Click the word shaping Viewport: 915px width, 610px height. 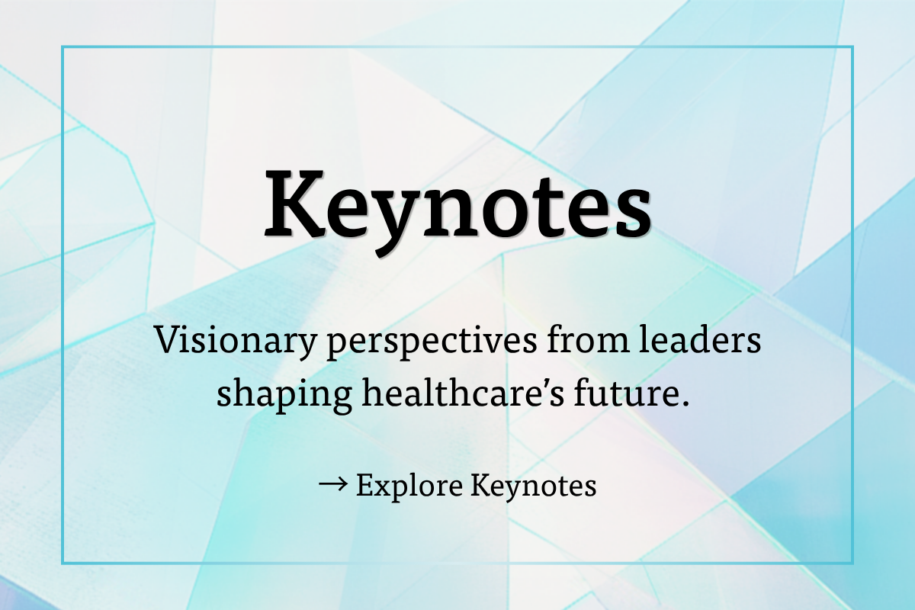[x=284, y=394]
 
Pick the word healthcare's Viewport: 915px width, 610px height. [x=464, y=391]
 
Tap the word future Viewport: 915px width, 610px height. [x=627, y=392]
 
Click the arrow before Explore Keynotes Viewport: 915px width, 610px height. [x=333, y=484]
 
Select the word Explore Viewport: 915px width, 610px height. [x=409, y=486]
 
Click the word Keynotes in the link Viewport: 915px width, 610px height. [x=534, y=486]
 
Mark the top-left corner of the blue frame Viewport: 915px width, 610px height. [x=63, y=47]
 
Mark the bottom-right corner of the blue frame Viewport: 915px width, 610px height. [x=852, y=563]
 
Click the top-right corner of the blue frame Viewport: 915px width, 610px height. [x=852, y=47]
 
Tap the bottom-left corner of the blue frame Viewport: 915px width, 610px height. [x=63, y=563]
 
